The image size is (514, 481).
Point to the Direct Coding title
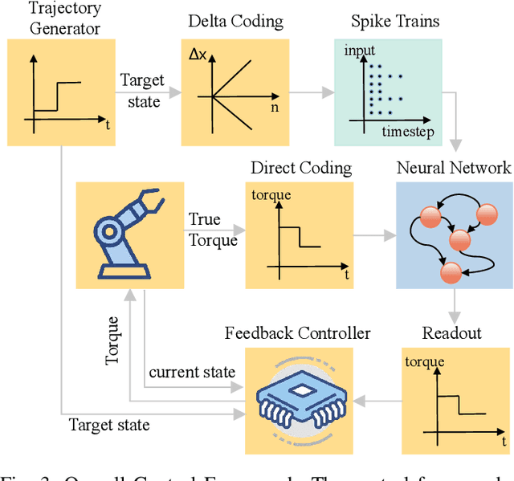pos(301,168)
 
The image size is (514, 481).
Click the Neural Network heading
pos(454,168)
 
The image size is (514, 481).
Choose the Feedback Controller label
pos(298,332)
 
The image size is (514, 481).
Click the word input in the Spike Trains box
pos(359,51)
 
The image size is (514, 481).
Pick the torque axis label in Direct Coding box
pos(271,195)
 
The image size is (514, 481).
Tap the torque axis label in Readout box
pos(424,361)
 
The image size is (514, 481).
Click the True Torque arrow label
pos(213,230)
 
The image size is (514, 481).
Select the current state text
pos(192,372)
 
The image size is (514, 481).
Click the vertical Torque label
pos(113,341)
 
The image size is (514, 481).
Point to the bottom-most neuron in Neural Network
pos(451,272)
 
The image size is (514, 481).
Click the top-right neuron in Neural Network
pos(487,214)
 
